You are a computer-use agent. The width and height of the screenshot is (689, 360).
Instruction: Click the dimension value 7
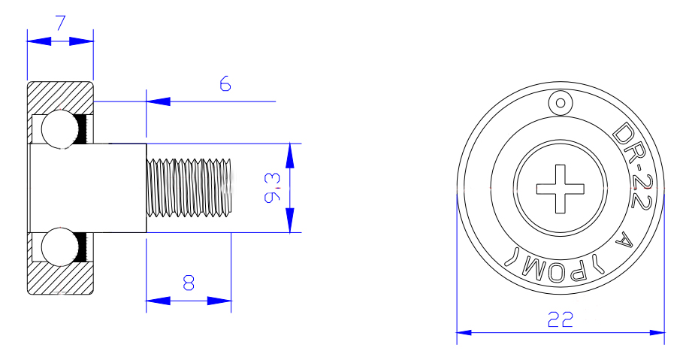point(60,22)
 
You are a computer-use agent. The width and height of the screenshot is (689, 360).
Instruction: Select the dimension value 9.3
point(273,187)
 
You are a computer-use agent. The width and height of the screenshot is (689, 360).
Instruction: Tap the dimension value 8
point(189,283)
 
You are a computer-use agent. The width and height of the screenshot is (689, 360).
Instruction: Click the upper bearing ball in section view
point(57,129)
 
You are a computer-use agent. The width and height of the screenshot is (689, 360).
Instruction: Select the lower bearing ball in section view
point(57,248)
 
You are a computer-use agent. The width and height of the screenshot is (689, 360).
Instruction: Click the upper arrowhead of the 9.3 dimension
point(290,154)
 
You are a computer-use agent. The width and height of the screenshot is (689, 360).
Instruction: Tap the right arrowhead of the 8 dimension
point(219,301)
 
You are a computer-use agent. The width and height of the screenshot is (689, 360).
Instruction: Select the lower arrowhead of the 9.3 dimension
point(290,222)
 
